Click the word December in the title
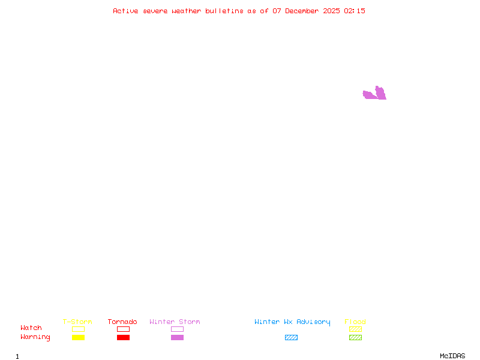pos(302,11)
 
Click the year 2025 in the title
pos(331,11)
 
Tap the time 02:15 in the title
pos(355,11)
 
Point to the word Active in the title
pos(125,11)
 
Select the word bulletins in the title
pos(224,11)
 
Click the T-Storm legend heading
pos(77,322)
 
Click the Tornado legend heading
pos(122,322)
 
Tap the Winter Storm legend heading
pos(175,322)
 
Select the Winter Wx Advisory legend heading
pos(292,322)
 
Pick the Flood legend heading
pos(355,322)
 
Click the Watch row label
pos(31,328)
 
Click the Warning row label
pos(35,337)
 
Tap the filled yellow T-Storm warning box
pos(79,337)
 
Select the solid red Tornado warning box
pos(124,337)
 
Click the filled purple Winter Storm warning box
pos(177,337)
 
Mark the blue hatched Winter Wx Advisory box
pos(291,337)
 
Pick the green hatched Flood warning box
pos(355,337)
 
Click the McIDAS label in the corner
pos(452,356)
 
